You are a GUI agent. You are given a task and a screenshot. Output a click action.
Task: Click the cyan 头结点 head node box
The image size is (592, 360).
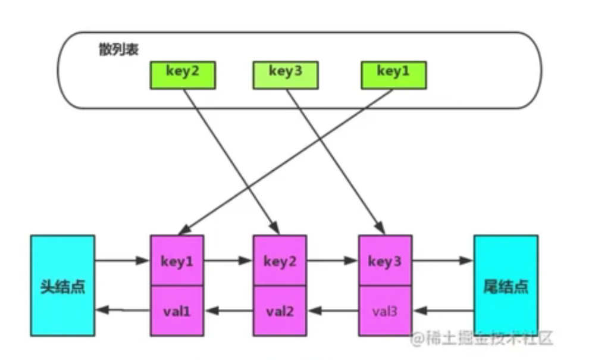click(62, 285)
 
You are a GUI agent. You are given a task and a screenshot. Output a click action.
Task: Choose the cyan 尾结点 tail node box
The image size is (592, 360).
click(506, 285)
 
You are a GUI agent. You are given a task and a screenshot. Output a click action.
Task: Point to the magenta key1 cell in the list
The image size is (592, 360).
click(177, 261)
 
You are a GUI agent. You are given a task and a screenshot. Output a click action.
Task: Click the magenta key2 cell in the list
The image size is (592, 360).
click(280, 261)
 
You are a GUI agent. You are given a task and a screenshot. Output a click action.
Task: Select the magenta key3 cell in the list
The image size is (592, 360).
click(385, 261)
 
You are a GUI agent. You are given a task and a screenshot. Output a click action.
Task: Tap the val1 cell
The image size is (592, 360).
click(177, 310)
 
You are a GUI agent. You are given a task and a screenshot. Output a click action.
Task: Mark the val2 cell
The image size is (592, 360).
click(280, 310)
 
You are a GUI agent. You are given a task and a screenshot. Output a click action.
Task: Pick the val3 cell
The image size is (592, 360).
click(385, 310)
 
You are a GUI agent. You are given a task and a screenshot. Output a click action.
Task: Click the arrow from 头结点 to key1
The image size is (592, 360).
click(123, 260)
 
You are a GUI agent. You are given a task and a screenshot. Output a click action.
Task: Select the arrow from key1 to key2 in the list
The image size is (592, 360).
click(228, 260)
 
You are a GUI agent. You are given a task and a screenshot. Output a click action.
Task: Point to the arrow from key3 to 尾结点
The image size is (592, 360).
click(442, 260)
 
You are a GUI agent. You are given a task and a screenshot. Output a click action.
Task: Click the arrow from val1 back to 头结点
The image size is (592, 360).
click(123, 309)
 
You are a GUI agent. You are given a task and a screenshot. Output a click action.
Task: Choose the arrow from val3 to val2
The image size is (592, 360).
click(333, 309)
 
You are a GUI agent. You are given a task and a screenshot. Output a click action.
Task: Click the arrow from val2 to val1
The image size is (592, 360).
click(228, 309)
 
